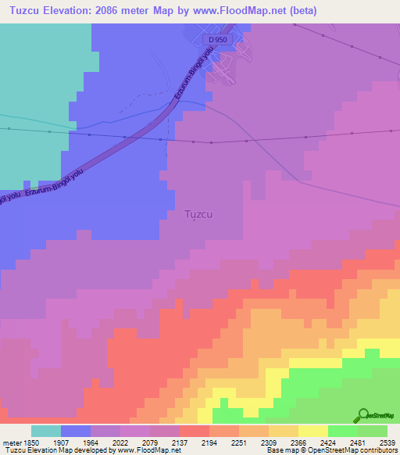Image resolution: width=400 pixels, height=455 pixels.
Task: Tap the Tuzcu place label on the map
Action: [x=198, y=213]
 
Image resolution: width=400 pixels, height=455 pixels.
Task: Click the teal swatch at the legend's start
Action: [x=46, y=430]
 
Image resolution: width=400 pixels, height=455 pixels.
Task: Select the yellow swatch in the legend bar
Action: [x=313, y=430]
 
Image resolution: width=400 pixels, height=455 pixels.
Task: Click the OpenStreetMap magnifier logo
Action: [x=362, y=415]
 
